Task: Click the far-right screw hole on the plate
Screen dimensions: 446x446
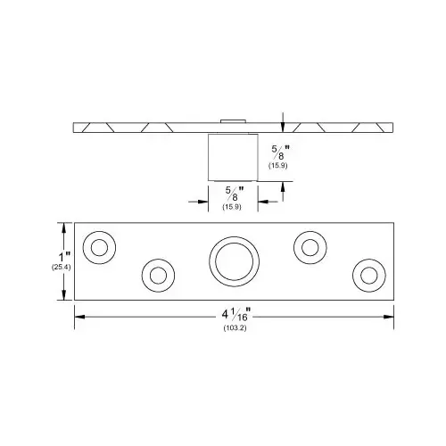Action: coord(367,273)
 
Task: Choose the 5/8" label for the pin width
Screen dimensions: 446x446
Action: coord(235,194)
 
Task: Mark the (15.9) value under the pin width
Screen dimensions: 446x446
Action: coord(234,207)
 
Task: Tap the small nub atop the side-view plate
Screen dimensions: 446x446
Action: coord(233,119)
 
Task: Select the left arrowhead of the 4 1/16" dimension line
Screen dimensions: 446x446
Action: coord(78,315)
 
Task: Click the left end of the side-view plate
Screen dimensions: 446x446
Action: coord(75,128)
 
